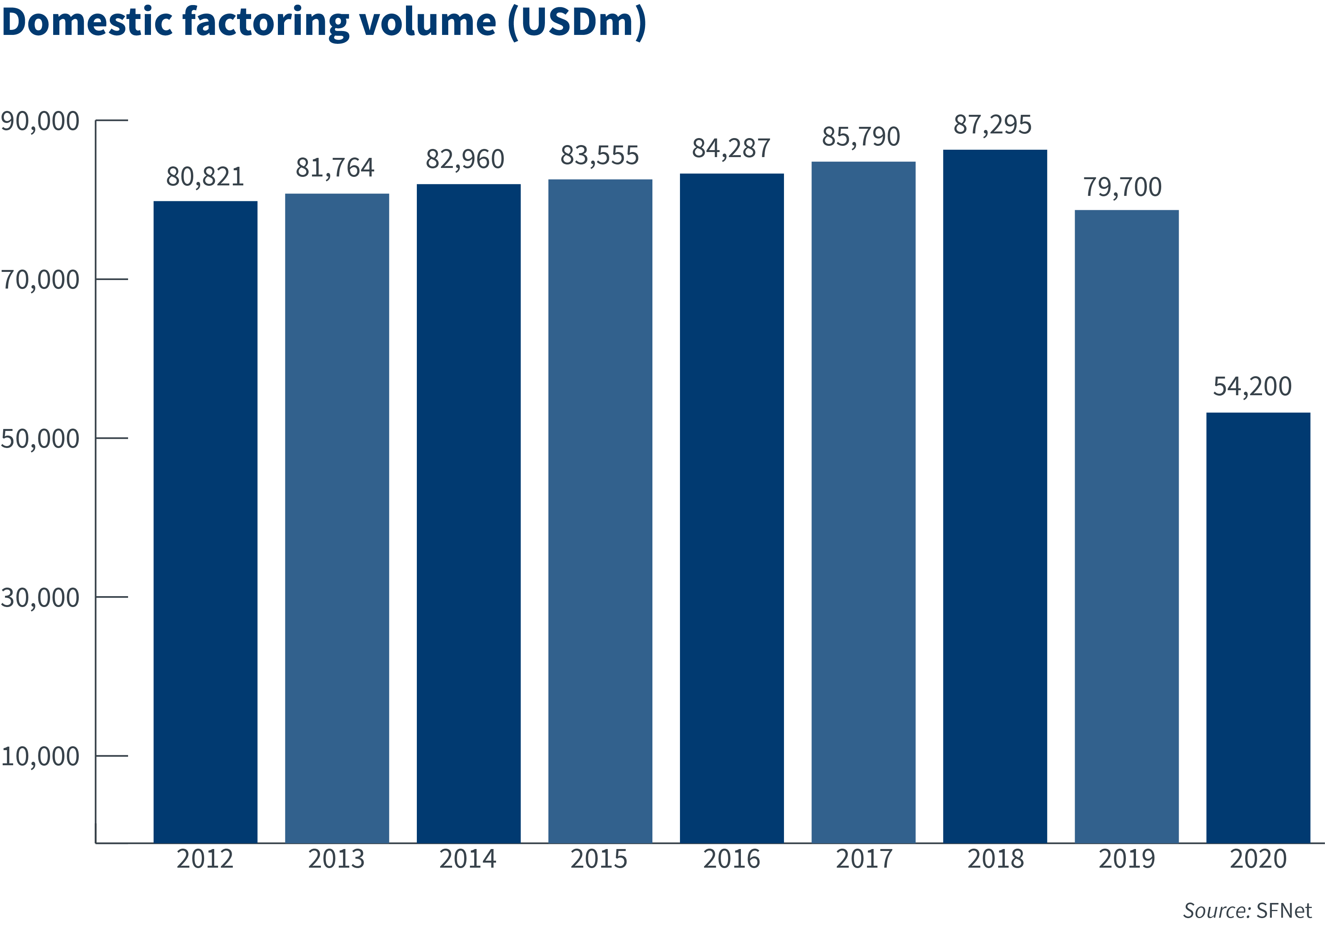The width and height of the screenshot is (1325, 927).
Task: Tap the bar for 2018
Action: coord(995,496)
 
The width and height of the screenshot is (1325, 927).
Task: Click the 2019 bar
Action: coord(1126,526)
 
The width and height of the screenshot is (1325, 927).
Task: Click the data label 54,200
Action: coord(1252,386)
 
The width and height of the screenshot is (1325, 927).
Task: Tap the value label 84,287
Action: coord(731,149)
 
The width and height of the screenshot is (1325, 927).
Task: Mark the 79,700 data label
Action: coord(1122,187)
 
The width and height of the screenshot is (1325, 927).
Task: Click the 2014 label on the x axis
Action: coord(467,859)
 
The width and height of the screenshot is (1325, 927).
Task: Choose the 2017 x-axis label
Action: coord(864,859)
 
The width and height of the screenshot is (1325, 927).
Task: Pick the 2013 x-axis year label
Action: coord(336,859)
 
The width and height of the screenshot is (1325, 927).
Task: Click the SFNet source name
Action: coord(1283,910)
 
